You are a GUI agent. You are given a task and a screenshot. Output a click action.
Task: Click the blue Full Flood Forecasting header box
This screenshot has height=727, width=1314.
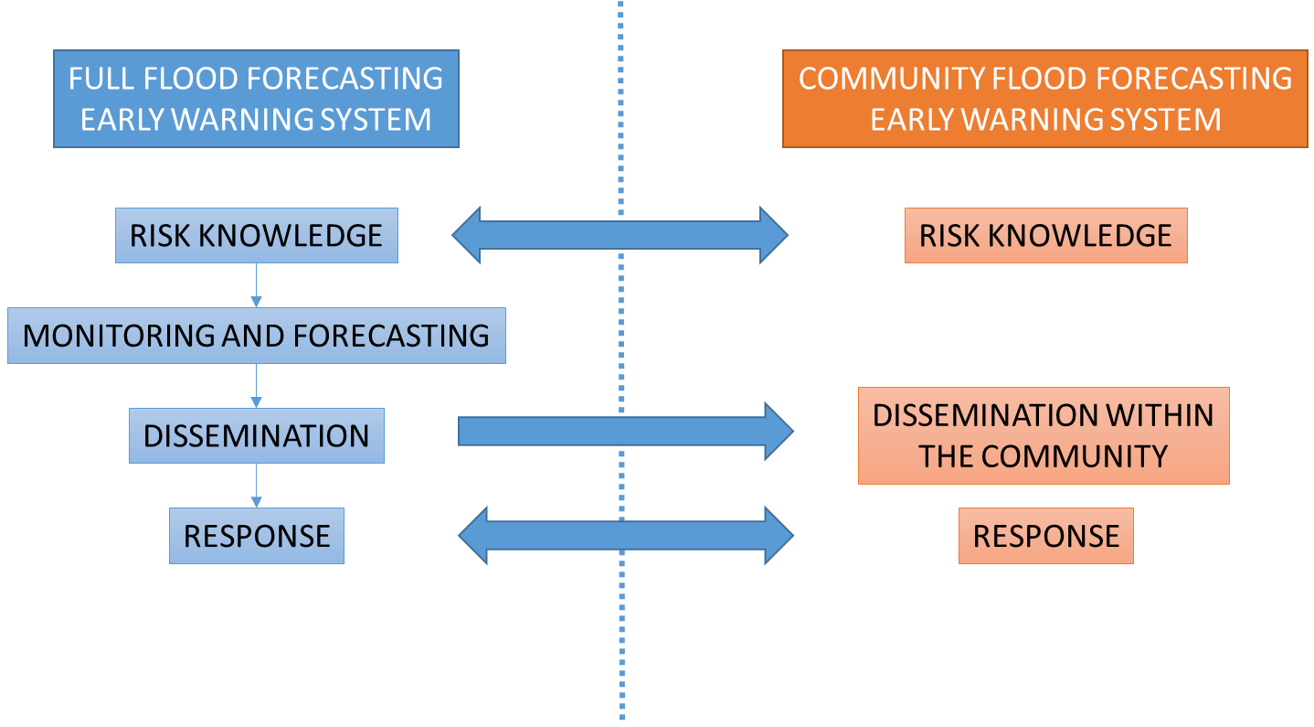click(x=257, y=99)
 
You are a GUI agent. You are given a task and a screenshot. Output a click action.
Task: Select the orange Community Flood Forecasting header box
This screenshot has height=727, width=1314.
click(x=1045, y=99)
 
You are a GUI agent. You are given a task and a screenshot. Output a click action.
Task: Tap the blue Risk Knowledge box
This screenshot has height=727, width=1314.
click(x=257, y=236)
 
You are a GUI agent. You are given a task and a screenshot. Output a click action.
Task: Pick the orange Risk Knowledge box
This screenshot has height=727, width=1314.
click(x=1046, y=236)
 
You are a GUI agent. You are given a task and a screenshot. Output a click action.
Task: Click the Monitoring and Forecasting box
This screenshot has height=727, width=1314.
click(x=257, y=336)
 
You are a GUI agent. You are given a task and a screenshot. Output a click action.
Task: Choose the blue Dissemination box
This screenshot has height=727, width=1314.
click(x=257, y=435)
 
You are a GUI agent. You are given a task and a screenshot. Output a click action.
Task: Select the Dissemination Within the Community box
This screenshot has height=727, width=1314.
click(x=1044, y=435)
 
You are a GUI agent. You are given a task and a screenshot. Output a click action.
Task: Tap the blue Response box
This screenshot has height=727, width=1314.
click(x=257, y=536)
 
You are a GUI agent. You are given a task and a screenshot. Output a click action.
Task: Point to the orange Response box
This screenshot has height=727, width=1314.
click(x=1046, y=536)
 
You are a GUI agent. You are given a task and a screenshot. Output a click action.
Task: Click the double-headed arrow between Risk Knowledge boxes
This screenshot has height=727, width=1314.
click(x=620, y=235)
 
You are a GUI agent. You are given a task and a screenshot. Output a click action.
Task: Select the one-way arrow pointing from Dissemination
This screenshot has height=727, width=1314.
click(x=626, y=432)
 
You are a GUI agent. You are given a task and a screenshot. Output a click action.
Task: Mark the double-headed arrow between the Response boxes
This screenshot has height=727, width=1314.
click(x=626, y=536)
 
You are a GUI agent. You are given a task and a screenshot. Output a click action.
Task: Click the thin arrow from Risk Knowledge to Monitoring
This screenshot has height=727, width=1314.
click(x=257, y=285)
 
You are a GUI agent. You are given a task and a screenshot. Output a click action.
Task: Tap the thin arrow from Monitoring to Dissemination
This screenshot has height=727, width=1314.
click(x=257, y=386)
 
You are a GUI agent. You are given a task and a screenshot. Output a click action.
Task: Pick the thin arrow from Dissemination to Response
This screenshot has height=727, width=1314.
click(x=257, y=486)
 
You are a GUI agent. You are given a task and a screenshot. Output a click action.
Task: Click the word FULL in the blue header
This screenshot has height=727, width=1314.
click(x=101, y=79)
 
